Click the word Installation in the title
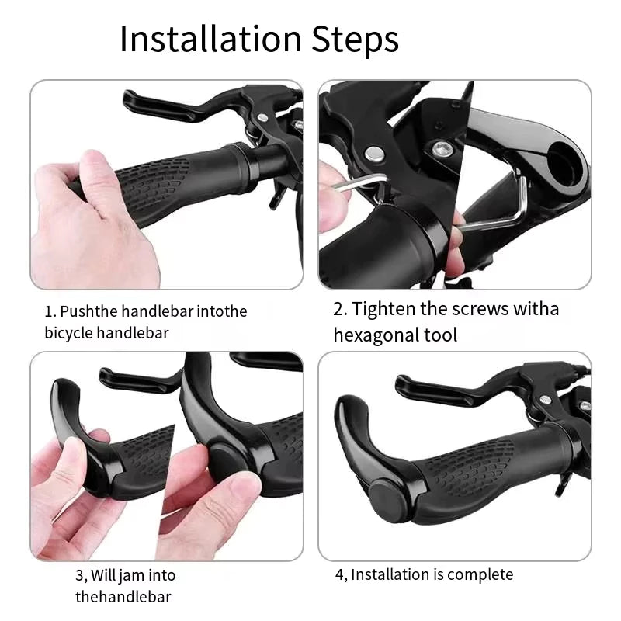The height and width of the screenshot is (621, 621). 210,39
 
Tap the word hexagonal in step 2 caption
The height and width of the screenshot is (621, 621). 376,335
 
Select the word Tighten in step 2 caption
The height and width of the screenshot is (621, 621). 383,309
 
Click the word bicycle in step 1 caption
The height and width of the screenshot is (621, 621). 68,333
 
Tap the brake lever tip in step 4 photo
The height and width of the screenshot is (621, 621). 403,383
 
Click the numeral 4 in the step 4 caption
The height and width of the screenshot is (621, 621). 339,574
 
